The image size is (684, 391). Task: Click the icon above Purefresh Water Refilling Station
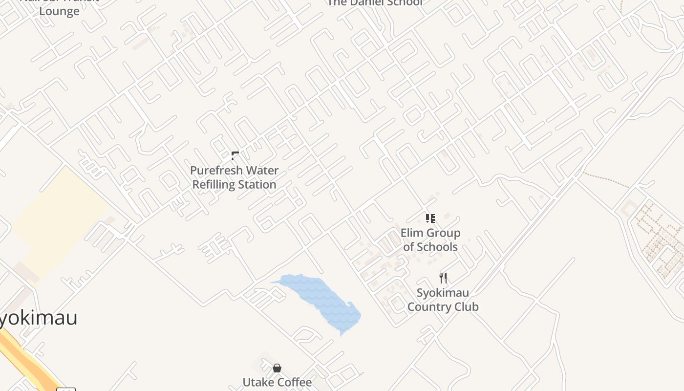[235, 156]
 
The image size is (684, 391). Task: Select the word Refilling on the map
[213, 185]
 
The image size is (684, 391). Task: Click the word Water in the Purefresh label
[262, 171]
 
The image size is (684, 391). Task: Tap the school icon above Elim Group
[430, 218]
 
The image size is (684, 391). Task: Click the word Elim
[411, 233]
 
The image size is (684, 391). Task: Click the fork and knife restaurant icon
[443, 278]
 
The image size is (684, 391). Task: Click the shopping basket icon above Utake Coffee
[277, 368]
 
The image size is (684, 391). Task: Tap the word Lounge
[59, 11]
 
